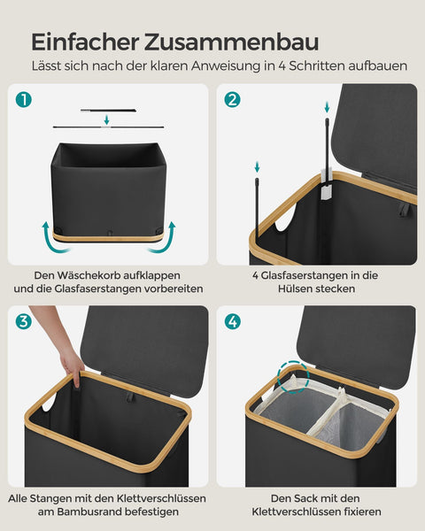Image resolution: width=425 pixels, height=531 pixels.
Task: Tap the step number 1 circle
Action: point(23,100)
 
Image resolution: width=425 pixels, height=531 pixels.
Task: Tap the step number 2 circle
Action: point(233,100)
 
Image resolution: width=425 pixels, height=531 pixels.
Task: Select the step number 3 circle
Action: point(23,321)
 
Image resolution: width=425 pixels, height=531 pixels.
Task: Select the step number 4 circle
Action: point(233,321)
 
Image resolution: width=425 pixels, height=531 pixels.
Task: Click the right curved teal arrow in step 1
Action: point(167,236)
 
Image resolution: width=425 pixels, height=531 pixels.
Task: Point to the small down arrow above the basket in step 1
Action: point(106,119)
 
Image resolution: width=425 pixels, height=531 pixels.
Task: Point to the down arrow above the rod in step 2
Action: point(257,166)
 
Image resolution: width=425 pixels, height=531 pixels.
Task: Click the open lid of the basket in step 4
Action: point(354,345)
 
